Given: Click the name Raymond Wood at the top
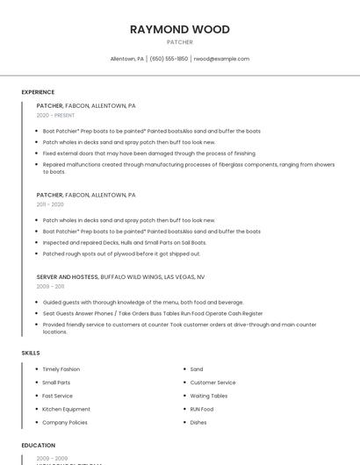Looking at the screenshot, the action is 179,29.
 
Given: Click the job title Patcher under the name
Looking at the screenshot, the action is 179,41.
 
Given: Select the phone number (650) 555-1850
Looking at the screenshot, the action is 169,59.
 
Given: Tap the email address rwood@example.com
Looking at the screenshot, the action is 221,59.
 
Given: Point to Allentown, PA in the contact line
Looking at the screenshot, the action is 127,59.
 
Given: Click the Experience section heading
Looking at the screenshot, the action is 38,92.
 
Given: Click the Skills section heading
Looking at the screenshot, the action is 31,353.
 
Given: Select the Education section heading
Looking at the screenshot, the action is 39,446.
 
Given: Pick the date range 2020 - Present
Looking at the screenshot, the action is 55,115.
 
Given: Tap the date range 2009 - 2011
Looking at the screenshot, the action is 50,286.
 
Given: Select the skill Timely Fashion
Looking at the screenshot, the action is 61,369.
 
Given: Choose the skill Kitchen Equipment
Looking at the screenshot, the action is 66,409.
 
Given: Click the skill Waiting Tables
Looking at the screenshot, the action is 209,396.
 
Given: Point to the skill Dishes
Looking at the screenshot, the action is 198,422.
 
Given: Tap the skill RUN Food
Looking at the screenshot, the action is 202,409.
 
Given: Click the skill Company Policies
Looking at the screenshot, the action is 65,422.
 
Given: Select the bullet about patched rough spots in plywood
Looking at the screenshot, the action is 121,254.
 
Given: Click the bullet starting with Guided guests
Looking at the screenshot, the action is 131,302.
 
